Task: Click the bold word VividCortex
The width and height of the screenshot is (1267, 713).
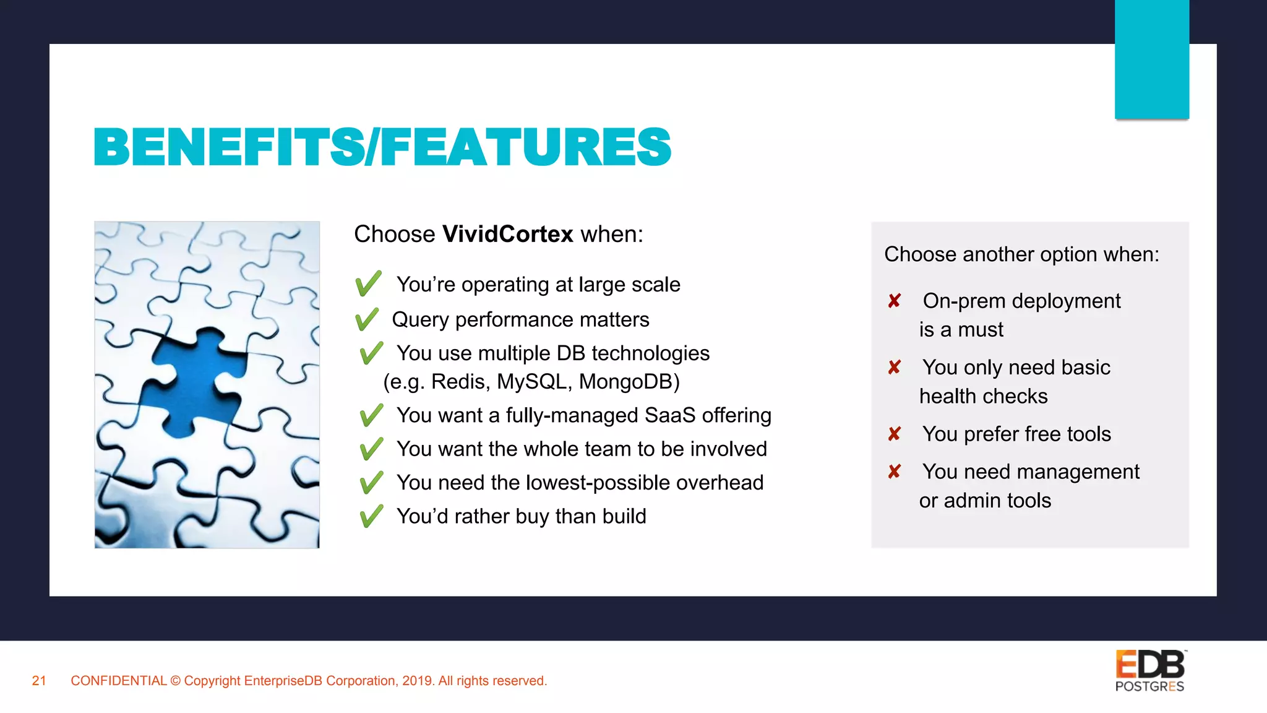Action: (x=508, y=235)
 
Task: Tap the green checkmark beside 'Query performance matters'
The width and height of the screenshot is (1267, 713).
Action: (x=367, y=319)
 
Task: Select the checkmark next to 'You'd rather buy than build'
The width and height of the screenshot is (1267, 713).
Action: (x=371, y=516)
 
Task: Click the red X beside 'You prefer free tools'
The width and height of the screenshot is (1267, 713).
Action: (x=894, y=434)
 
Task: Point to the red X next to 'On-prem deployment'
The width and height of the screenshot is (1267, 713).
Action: (x=894, y=301)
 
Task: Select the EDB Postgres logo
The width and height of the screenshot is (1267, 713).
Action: (x=1150, y=671)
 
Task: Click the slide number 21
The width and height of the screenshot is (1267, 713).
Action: (x=39, y=681)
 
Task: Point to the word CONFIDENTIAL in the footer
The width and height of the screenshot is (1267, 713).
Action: (x=119, y=681)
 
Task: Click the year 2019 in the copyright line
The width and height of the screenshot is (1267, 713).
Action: (x=417, y=681)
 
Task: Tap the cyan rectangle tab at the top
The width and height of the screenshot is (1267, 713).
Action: (x=1151, y=59)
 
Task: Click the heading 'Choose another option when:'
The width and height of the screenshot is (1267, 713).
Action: (x=1021, y=254)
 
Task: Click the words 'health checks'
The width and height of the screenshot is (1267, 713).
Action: (x=983, y=396)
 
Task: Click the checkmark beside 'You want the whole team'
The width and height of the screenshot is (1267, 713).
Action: (x=371, y=449)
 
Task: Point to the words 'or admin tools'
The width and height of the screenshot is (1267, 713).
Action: (x=985, y=500)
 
